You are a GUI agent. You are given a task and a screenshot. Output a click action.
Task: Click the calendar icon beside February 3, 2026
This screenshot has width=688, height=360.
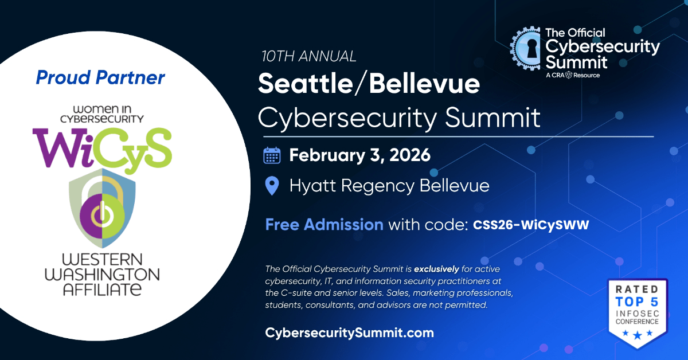(272, 155)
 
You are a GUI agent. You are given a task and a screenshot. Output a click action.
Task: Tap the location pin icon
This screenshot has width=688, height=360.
(272, 186)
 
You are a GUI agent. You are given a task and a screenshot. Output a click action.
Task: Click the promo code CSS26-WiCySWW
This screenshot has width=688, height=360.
(531, 225)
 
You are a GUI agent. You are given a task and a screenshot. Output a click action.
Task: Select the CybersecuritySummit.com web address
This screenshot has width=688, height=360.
(350, 332)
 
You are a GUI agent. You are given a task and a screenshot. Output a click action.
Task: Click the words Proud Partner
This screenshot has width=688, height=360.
(100, 77)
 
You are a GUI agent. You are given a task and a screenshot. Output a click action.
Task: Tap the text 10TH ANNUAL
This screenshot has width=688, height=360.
(308, 56)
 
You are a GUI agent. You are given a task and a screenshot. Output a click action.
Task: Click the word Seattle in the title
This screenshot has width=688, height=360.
(305, 84)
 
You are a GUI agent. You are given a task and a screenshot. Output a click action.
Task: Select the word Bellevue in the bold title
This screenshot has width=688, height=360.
(424, 84)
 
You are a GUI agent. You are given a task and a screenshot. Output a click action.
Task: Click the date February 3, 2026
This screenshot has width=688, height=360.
(359, 155)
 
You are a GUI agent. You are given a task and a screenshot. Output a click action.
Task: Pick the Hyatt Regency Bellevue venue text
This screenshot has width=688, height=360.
(389, 186)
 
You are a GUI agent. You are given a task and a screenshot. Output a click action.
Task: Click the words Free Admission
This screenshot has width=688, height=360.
(325, 225)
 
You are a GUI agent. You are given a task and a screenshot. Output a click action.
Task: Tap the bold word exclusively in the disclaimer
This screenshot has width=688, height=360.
(436, 269)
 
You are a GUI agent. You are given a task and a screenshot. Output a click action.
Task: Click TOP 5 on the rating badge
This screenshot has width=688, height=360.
(638, 302)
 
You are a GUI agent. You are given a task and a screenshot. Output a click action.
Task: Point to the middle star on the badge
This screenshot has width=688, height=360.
(638, 335)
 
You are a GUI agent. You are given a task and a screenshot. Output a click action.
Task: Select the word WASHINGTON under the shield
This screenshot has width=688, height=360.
(102, 275)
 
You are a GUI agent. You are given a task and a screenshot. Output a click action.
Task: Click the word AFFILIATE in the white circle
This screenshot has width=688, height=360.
(102, 289)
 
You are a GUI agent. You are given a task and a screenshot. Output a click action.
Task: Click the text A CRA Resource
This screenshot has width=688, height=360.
(573, 75)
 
